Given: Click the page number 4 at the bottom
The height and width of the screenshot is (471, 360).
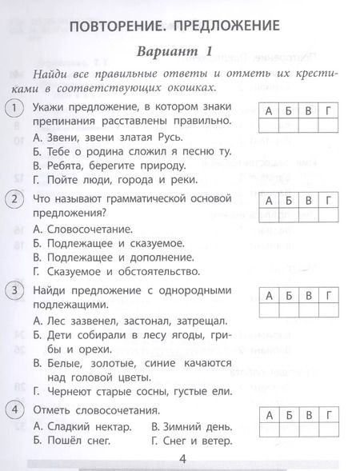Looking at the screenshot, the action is (182, 457).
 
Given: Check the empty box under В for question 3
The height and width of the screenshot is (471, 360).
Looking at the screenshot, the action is (308, 310).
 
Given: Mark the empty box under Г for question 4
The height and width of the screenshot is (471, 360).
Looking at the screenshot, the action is (327, 430).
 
